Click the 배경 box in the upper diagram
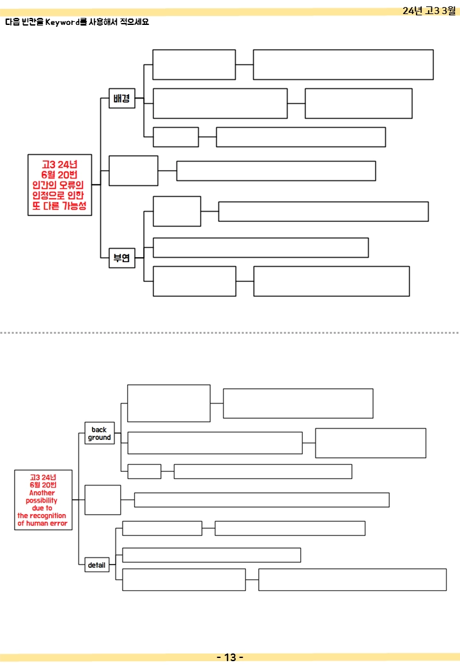[x=122, y=98]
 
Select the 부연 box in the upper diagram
[x=122, y=258]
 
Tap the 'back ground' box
[x=100, y=433]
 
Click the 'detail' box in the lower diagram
[x=97, y=565]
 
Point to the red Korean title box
[x=59, y=185]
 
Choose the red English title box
[x=43, y=500]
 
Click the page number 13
[x=230, y=657]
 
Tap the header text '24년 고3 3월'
[x=429, y=11]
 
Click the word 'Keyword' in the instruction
[x=63, y=22]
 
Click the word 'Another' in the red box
[x=42, y=493]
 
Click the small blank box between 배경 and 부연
[x=134, y=171]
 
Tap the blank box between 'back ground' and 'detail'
[x=102, y=500]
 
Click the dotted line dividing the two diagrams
[x=230, y=333]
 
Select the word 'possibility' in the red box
[x=42, y=501]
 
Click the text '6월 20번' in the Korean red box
[x=59, y=175]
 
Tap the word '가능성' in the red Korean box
[x=74, y=206]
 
